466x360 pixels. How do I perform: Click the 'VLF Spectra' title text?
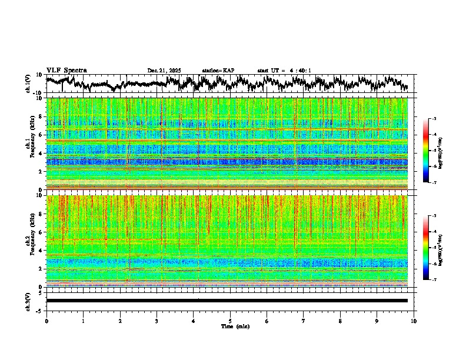[x=66, y=70]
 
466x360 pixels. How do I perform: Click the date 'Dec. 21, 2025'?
[x=164, y=71]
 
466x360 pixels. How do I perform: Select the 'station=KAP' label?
[x=218, y=71]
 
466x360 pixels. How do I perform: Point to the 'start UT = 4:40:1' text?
[x=284, y=71]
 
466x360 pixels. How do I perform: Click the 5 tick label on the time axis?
[x=230, y=321]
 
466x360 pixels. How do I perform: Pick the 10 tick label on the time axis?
[x=414, y=321]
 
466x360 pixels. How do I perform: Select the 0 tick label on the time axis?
[x=46, y=321]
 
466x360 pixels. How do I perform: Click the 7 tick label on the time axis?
[x=304, y=321]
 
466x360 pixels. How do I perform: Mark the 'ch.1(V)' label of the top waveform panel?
[x=28, y=84]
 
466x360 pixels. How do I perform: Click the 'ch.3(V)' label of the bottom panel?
[x=28, y=301]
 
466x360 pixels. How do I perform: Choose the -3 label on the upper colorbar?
[x=434, y=119]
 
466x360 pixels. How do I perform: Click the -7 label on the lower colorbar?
[x=434, y=280]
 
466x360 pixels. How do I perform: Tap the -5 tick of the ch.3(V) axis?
[x=40, y=309]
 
